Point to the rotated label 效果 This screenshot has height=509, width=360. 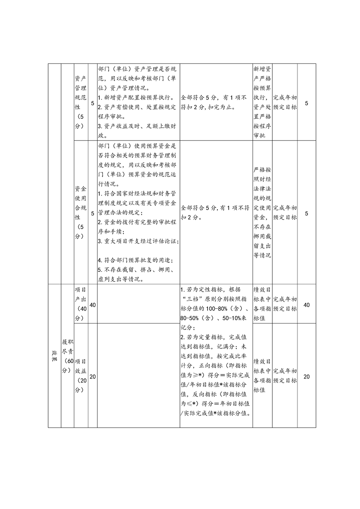pyautogui.click(x=54, y=356)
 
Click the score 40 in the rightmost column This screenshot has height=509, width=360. pyautogui.click(x=306, y=305)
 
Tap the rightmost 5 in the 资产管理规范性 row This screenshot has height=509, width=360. pyautogui.click(x=306, y=104)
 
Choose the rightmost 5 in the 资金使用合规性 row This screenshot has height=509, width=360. pyautogui.click(x=306, y=213)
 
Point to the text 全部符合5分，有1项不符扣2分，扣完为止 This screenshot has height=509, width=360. pyautogui.click(x=214, y=103)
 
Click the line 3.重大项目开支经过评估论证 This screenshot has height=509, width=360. pyautogui.click(x=138, y=241)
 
